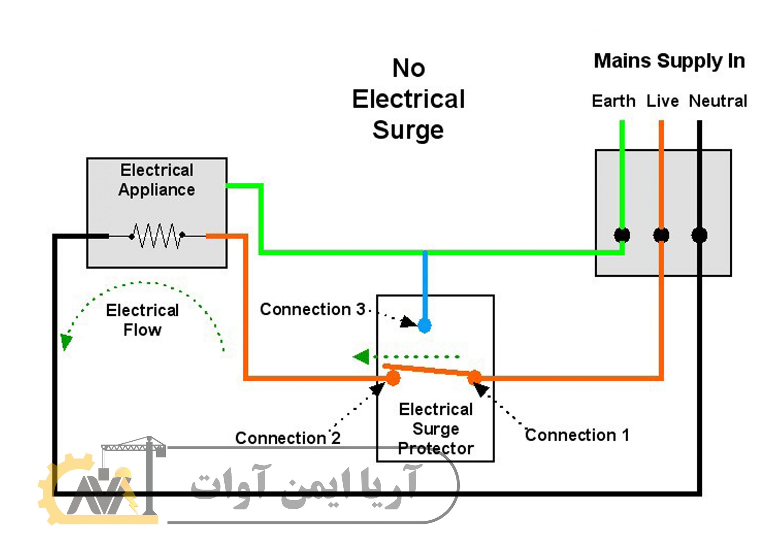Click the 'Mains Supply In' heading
click(669, 61)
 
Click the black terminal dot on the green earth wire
click(622, 235)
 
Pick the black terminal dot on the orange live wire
click(661, 235)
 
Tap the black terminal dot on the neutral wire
click(699, 235)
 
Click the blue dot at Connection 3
click(424, 326)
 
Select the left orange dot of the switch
click(393, 378)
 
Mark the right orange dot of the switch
click(474, 377)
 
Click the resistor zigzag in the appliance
click(157, 235)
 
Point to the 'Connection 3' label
click(312, 309)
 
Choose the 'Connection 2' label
click(288, 438)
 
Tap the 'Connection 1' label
click(577, 435)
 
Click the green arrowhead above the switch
click(361, 357)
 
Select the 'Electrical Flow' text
click(142, 320)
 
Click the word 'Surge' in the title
click(408, 130)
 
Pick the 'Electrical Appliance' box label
click(157, 180)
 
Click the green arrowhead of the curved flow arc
click(66, 342)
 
